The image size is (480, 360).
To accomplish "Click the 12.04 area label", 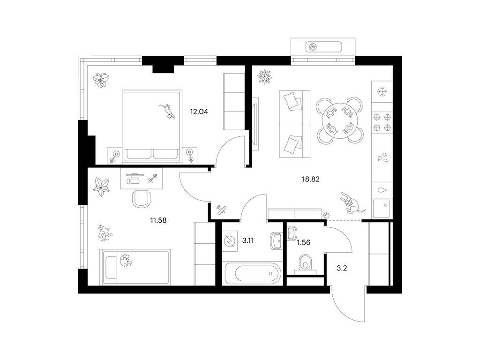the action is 199,112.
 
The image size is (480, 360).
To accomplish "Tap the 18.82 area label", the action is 311,180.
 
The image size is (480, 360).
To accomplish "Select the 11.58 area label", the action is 158,220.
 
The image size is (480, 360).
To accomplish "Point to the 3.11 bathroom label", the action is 248,240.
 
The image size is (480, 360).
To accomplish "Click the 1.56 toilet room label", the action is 303,242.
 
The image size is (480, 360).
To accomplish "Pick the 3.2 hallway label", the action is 342,269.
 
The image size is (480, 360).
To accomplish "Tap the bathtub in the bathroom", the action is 252,273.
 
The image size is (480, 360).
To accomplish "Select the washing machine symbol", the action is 229,240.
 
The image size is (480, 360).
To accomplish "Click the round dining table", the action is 339,120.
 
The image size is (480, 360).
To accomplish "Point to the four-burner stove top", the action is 382,122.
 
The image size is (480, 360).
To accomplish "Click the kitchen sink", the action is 382,209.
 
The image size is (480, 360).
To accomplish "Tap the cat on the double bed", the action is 167,111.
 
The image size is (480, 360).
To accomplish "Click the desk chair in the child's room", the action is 142,199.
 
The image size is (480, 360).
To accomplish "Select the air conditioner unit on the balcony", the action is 323,47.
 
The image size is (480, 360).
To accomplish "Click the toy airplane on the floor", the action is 221,210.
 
